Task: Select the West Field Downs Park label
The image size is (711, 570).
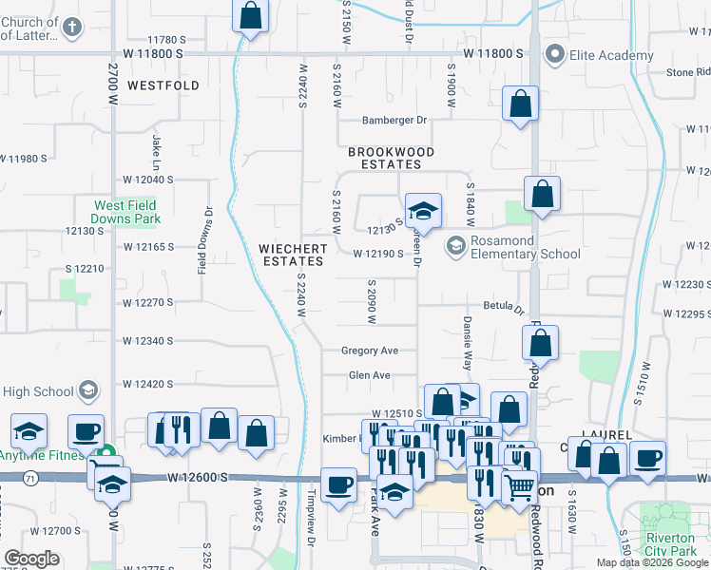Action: (126, 212)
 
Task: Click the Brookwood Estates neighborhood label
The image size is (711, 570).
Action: (391, 158)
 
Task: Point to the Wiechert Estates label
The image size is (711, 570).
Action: (294, 255)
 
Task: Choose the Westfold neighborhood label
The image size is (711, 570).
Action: (163, 85)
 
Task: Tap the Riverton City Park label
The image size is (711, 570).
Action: (671, 543)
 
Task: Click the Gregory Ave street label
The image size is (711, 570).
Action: (370, 351)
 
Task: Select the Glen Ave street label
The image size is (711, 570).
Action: (370, 375)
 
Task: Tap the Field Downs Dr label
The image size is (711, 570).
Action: (202, 249)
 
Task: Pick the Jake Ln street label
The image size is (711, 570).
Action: (156, 145)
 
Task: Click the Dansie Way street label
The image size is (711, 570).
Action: (468, 343)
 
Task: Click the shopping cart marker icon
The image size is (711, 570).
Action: (518, 486)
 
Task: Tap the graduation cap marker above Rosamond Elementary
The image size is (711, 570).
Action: (423, 211)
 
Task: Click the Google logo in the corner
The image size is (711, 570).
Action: (31, 560)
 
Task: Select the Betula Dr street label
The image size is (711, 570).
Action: (505, 308)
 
